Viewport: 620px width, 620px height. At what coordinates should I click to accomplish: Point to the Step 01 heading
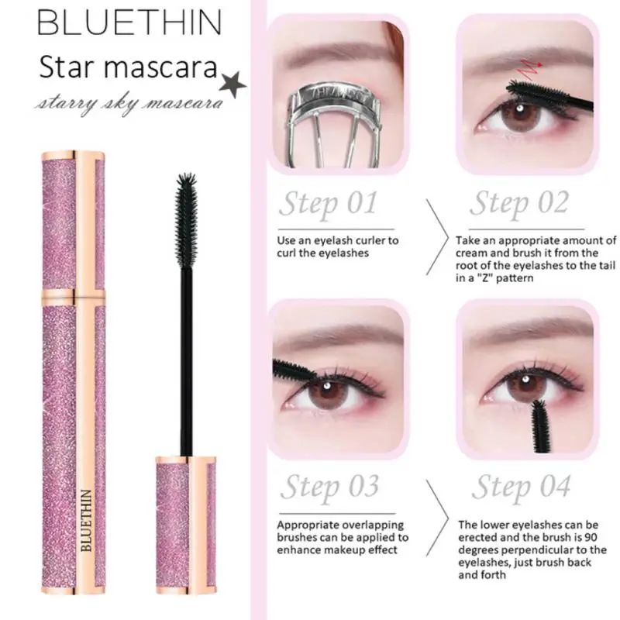click(328, 205)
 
